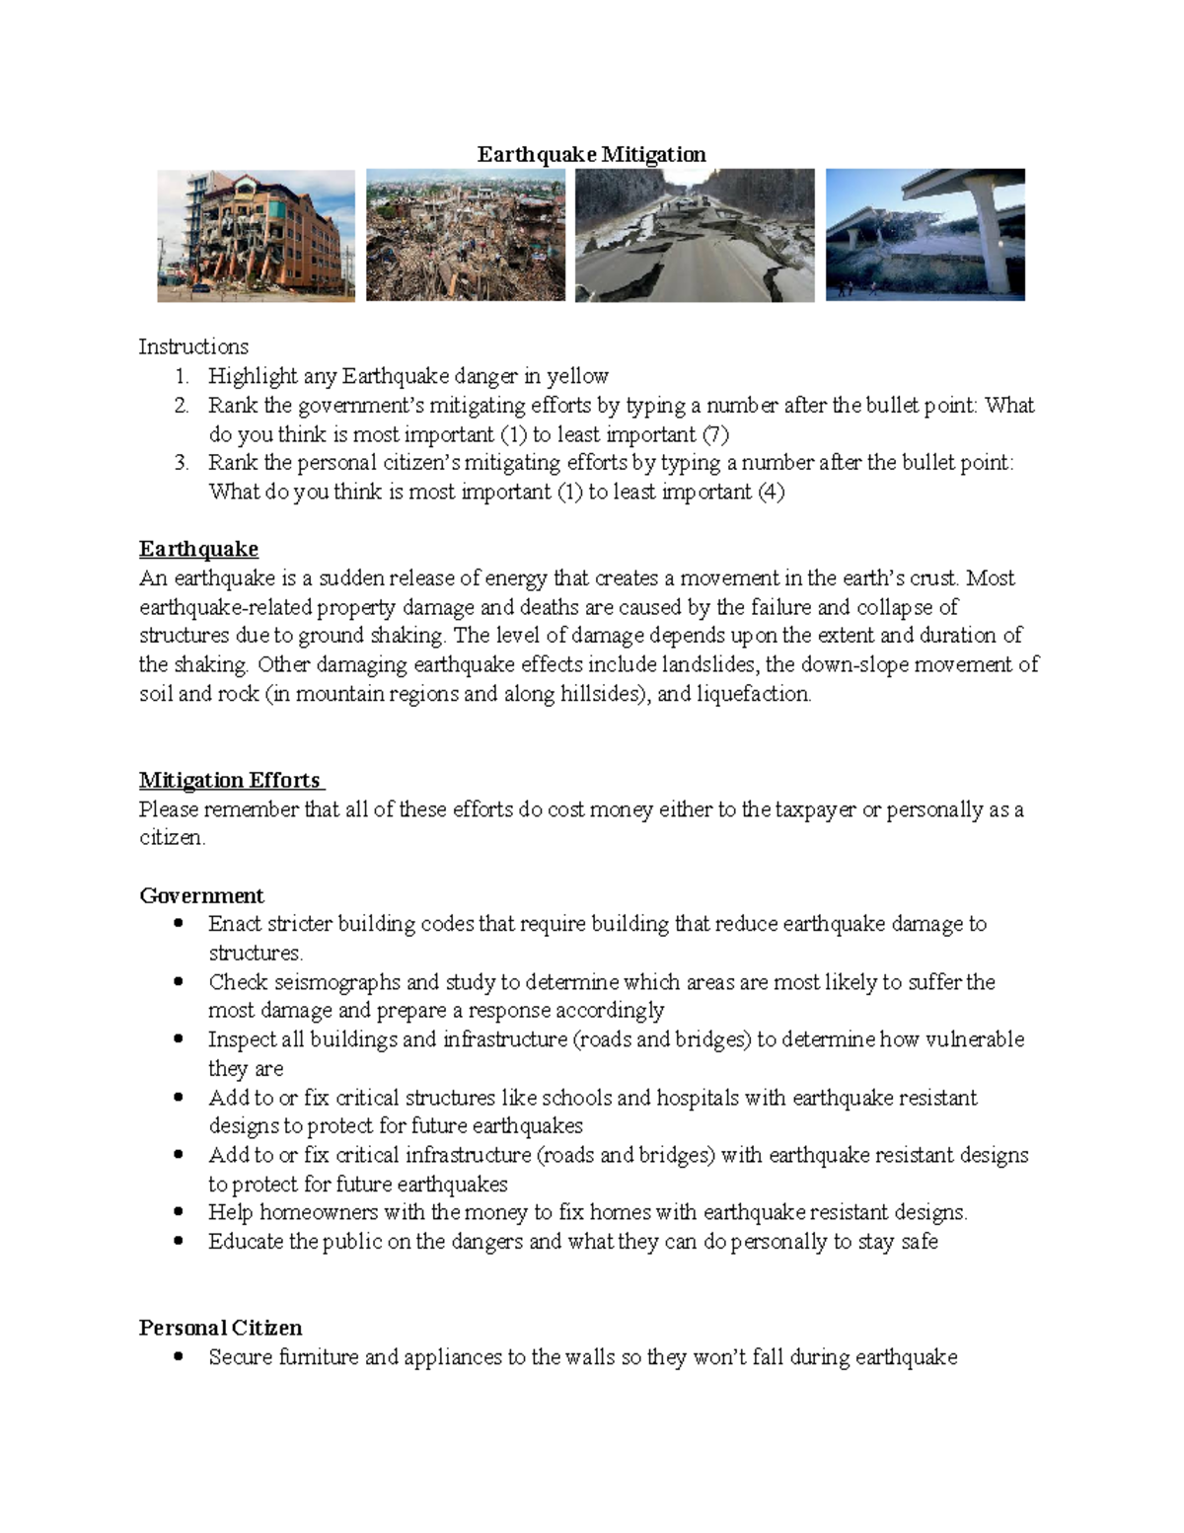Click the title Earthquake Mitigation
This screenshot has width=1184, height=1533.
coord(591,154)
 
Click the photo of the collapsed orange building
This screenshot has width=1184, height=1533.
coord(256,235)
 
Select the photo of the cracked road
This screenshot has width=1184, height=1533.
coord(695,235)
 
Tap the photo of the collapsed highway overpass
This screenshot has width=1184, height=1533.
coord(925,235)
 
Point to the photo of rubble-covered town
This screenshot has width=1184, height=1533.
coord(466,235)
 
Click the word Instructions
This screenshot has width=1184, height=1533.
coord(193,346)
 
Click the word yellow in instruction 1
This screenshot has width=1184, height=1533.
coord(577,376)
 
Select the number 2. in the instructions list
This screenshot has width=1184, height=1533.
coord(182,405)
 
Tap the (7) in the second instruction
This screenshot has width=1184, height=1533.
coord(715,434)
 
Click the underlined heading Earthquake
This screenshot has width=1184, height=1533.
coord(198,549)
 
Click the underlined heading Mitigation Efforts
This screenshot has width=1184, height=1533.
coord(230,780)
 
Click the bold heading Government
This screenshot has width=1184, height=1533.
coord(201,895)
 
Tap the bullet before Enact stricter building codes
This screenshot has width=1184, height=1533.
coord(179,924)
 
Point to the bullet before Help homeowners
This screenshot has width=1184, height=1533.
coord(179,1212)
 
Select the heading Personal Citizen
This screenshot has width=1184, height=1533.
coord(220,1328)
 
